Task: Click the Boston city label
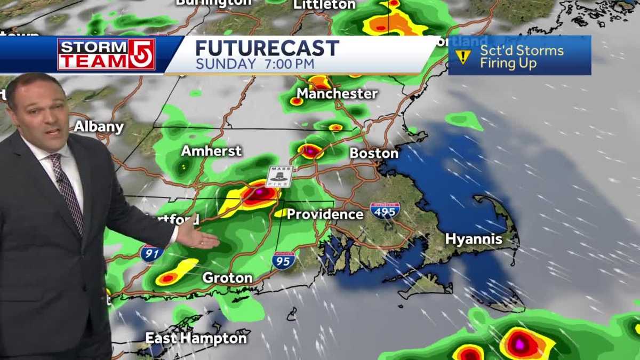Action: pos(374,153)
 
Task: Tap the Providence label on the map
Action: pos(325,214)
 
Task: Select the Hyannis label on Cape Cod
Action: pos(474,239)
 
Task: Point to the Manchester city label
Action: pos(337,94)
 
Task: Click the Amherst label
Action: pos(211,151)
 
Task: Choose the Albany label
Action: pos(99,127)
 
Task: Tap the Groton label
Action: pos(227,278)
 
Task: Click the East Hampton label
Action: pos(196,338)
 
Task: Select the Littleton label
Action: pos(324,5)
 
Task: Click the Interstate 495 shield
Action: pos(385,210)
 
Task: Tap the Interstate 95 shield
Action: pos(283,260)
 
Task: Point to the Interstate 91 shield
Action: pos(152,253)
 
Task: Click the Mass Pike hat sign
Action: pos(279,177)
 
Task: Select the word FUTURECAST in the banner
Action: pos(267,49)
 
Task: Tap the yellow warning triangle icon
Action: pos(462,57)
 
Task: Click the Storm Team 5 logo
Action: pos(106,54)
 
